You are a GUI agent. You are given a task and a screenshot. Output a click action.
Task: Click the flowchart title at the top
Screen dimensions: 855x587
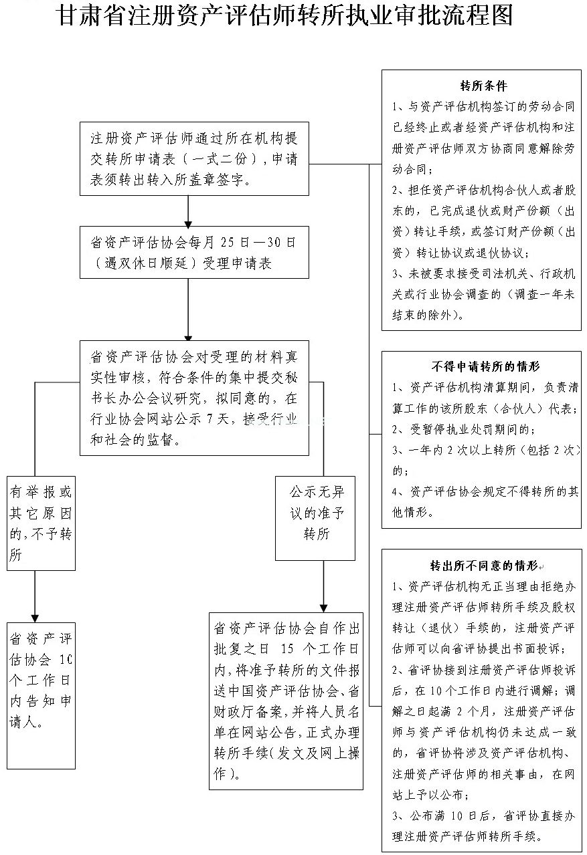[x=284, y=16]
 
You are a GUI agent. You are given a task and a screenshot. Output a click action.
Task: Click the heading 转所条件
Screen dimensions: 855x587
[x=483, y=86]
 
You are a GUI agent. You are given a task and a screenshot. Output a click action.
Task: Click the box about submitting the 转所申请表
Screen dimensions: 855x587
[x=194, y=158]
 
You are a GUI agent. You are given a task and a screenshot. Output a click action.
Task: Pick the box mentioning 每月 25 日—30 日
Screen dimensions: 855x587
[x=194, y=252]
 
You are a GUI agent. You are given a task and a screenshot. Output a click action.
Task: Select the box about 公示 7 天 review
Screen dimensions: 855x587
[x=194, y=398]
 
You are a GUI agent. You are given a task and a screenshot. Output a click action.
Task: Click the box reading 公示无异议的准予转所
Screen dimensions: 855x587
[x=315, y=517]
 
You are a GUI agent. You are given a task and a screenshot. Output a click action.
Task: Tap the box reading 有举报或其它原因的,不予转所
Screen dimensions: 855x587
[x=41, y=523]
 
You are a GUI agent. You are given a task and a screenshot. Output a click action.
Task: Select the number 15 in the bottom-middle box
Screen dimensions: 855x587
[x=287, y=648]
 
